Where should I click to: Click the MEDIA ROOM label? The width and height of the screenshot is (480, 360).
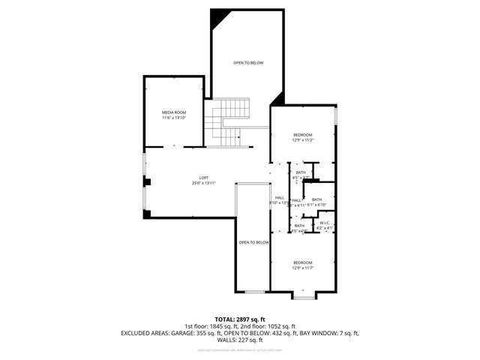(x=173, y=112)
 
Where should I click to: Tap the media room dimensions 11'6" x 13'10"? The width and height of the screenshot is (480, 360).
(x=173, y=118)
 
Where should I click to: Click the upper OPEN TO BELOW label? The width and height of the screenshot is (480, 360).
(x=247, y=63)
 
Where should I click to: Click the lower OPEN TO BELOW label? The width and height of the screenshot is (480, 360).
(x=253, y=243)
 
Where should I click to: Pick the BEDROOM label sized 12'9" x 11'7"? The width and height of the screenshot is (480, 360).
(x=303, y=262)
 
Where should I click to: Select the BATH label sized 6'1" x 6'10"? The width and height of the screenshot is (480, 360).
(x=316, y=199)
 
